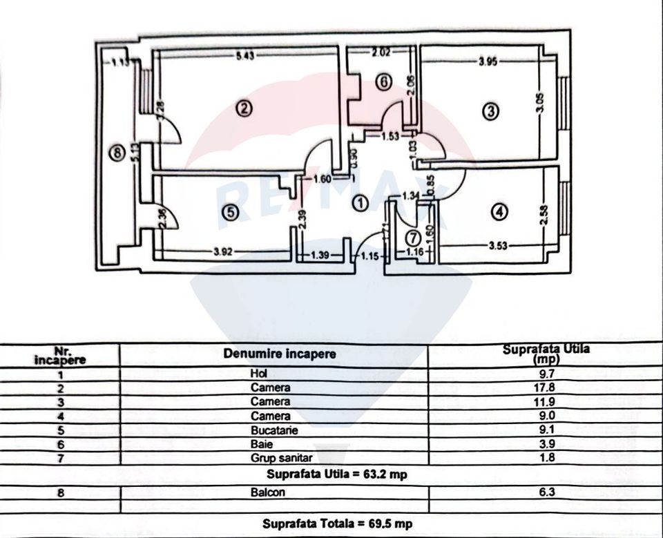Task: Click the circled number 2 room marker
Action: [242, 108]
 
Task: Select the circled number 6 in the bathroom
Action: [384, 81]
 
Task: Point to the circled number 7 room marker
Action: [412, 238]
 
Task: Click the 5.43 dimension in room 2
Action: [244, 57]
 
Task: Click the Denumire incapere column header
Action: [280, 354]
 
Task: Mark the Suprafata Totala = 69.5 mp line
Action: [337, 523]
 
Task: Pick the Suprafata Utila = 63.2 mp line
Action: [337, 475]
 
